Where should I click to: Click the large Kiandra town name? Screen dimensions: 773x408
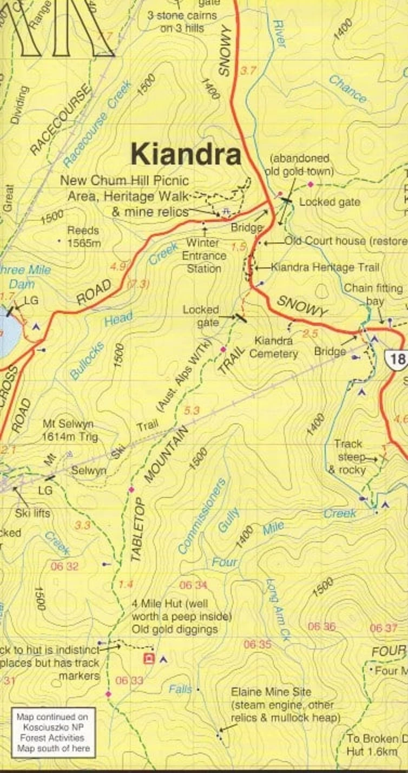click(186, 155)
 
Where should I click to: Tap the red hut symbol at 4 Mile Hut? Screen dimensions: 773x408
click(148, 658)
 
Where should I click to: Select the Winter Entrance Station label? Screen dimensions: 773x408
click(204, 256)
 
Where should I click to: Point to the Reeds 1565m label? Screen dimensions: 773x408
click(83, 237)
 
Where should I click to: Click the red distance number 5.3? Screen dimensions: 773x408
click(192, 411)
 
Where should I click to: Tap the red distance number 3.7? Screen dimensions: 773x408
click(248, 70)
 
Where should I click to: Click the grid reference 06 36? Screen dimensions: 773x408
click(321, 627)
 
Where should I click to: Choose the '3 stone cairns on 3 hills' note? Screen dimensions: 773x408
click(182, 22)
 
